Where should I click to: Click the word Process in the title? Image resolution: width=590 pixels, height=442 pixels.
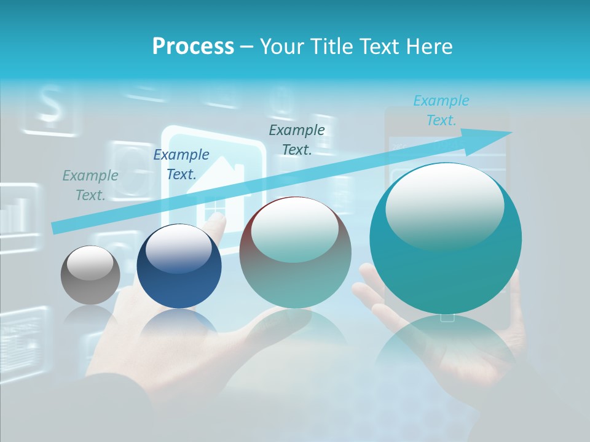(193, 47)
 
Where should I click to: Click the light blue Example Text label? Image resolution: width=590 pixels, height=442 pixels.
(441, 110)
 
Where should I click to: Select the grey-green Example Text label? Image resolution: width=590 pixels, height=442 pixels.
(90, 185)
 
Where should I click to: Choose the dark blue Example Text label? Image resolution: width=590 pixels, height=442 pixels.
(181, 165)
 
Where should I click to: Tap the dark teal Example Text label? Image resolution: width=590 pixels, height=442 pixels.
(297, 140)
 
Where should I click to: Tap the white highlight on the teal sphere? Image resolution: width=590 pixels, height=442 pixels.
(444, 206)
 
